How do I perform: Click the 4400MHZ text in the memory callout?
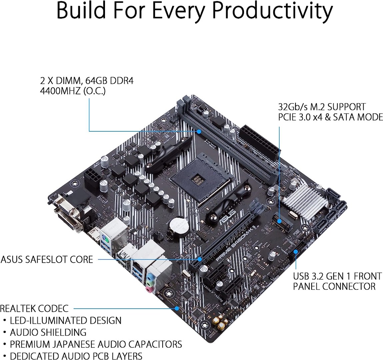[60, 91]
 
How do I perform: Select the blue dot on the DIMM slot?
[199, 131]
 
